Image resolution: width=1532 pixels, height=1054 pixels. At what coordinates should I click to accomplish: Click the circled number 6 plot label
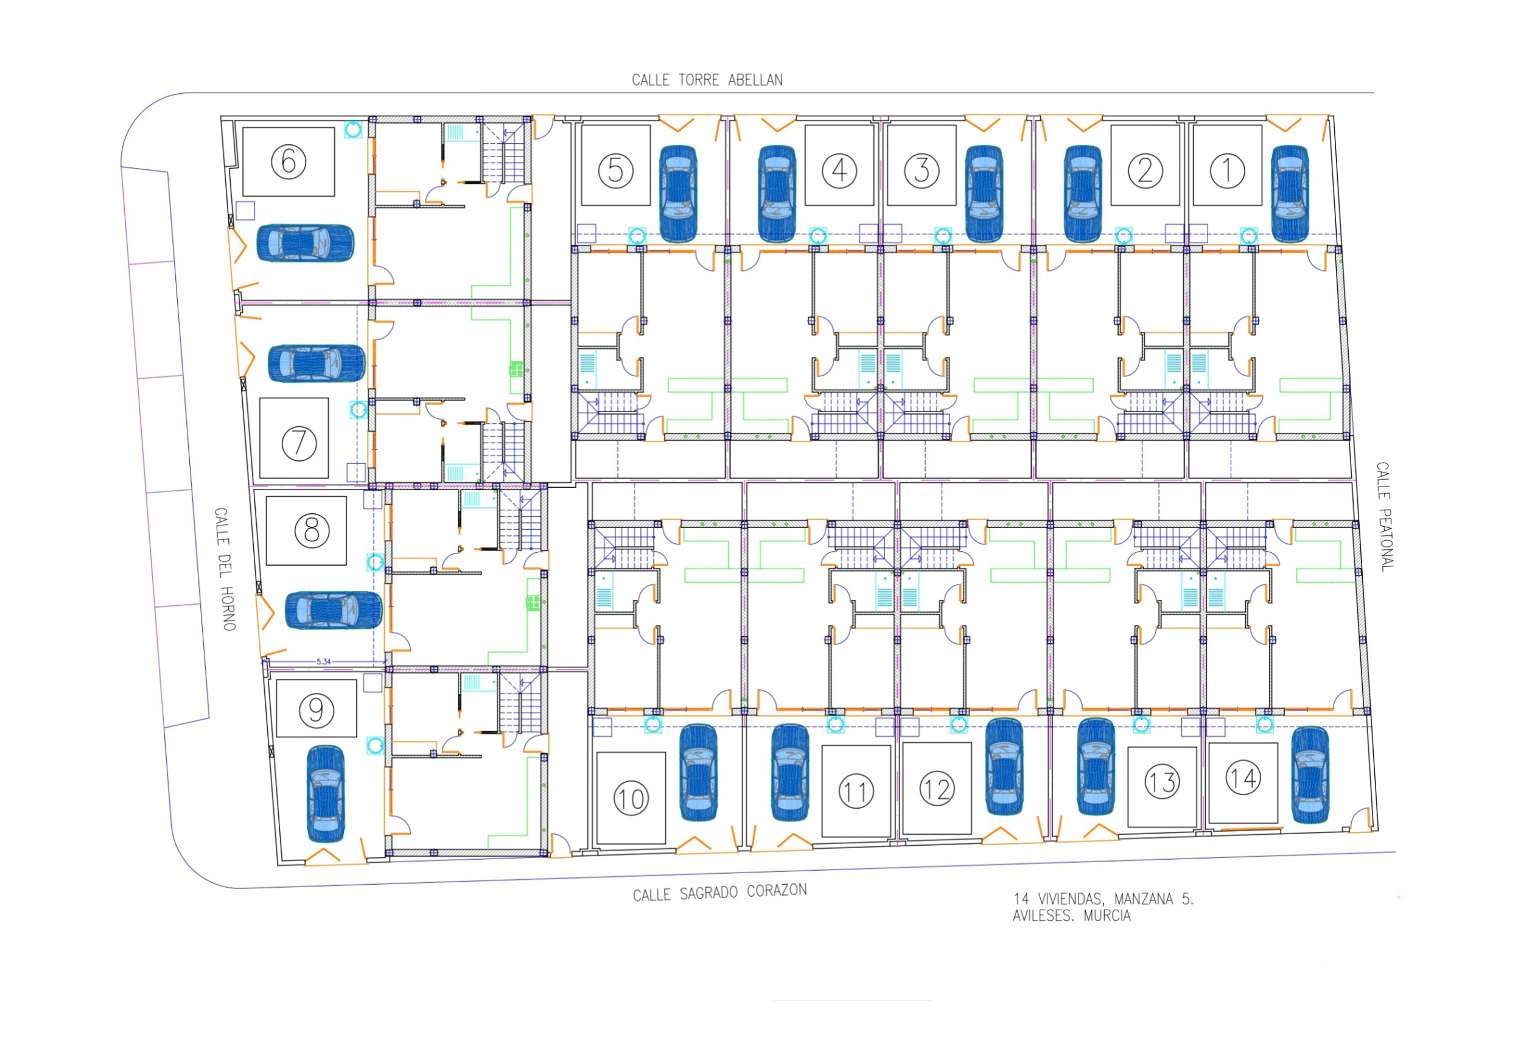click(x=289, y=162)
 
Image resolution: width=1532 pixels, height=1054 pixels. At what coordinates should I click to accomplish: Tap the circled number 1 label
click(x=1226, y=170)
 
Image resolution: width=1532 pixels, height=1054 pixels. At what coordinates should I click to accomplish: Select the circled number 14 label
click(x=1243, y=778)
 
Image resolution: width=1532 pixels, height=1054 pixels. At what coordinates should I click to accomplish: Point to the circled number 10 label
click(x=631, y=798)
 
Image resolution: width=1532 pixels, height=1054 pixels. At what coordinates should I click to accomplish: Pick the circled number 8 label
click(x=312, y=530)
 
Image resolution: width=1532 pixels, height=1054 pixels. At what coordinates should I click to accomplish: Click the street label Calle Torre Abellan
click(x=707, y=80)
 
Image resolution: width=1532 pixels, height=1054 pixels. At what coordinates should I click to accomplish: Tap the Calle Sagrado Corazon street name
click(x=719, y=893)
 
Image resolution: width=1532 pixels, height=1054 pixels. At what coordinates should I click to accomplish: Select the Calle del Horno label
click(x=225, y=569)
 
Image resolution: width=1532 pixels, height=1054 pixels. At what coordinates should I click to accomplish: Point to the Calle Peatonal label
click(x=1385, y=516)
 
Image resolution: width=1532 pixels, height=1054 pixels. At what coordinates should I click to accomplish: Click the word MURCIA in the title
click(x=1107, y=916)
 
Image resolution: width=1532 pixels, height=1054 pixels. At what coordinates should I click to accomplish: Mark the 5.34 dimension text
click(x=323, y=661)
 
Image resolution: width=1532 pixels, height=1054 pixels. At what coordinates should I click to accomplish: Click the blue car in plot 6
click(x=305, y=243)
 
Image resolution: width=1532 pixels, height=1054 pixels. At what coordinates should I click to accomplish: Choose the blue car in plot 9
click(x=326, y=795)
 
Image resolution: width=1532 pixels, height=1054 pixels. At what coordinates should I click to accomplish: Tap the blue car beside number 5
click(x=678, y=194)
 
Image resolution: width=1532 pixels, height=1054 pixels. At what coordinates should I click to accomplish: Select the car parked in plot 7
click(x=316, y=364)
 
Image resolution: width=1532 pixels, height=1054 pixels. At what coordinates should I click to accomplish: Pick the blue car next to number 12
click(x=1004, y=767)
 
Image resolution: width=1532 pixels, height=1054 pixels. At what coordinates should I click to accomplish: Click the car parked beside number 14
click(x=1310, y=775)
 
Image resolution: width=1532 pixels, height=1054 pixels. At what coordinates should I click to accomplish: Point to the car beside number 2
click(x=1082, y=194)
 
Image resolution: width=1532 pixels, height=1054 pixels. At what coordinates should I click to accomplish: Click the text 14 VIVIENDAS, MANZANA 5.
click(x=1103, y=899)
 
